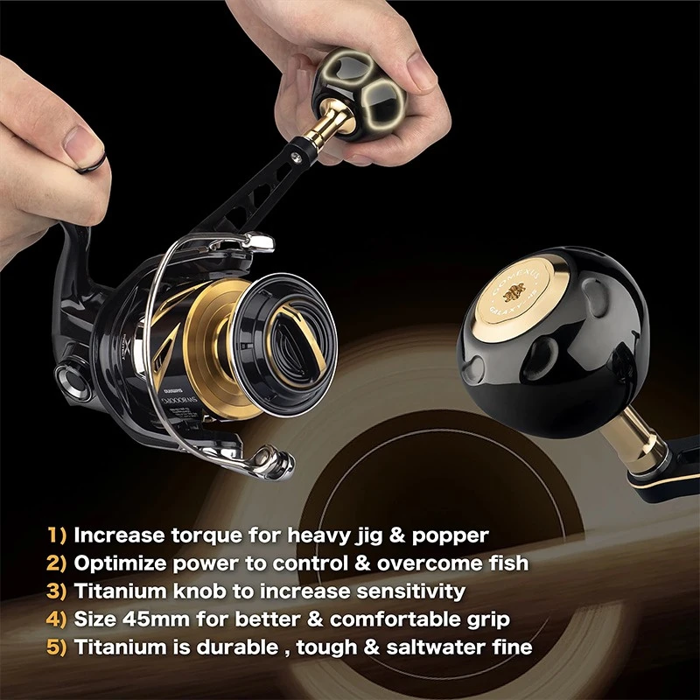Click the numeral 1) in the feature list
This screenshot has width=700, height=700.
click(59, 535)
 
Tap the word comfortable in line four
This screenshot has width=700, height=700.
click(373, 619)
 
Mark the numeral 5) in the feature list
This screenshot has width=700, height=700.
click(59, 648)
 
